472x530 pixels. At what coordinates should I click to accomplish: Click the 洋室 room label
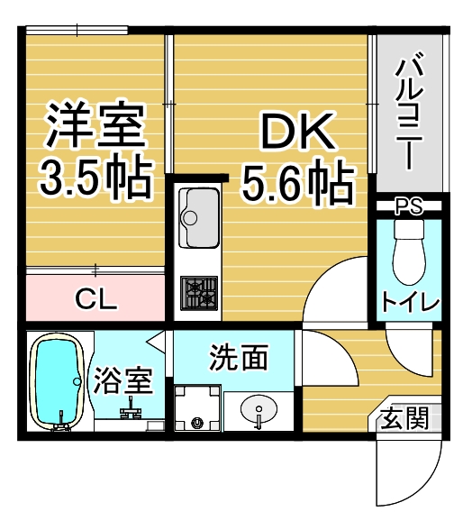coord(95,124)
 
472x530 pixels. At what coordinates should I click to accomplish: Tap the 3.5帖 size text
coord(95,178)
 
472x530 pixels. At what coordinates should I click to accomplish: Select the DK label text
coord(297,132)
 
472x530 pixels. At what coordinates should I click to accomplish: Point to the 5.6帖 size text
coord(298,184)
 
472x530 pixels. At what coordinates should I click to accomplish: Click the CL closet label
coord(96,299)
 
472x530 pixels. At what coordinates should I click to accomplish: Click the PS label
coord(409,206)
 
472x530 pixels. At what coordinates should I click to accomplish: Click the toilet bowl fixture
coord(409,251)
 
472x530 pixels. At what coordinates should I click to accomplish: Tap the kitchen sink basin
coord(198,218)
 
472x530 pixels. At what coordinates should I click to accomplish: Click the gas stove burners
coord(199,293)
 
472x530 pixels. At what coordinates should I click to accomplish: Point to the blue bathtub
coord(57,382)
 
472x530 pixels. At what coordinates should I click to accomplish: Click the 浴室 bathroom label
coord(123,380)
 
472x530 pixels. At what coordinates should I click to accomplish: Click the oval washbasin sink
coord(259,409)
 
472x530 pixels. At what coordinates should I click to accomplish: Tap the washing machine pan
coord(197,408)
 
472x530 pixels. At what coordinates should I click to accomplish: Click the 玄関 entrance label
coord(405,418)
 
